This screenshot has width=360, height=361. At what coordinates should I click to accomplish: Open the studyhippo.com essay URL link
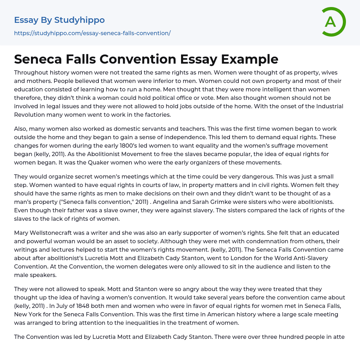coord(92,33)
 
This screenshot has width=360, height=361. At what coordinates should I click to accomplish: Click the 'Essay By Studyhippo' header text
coord(59,20)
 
